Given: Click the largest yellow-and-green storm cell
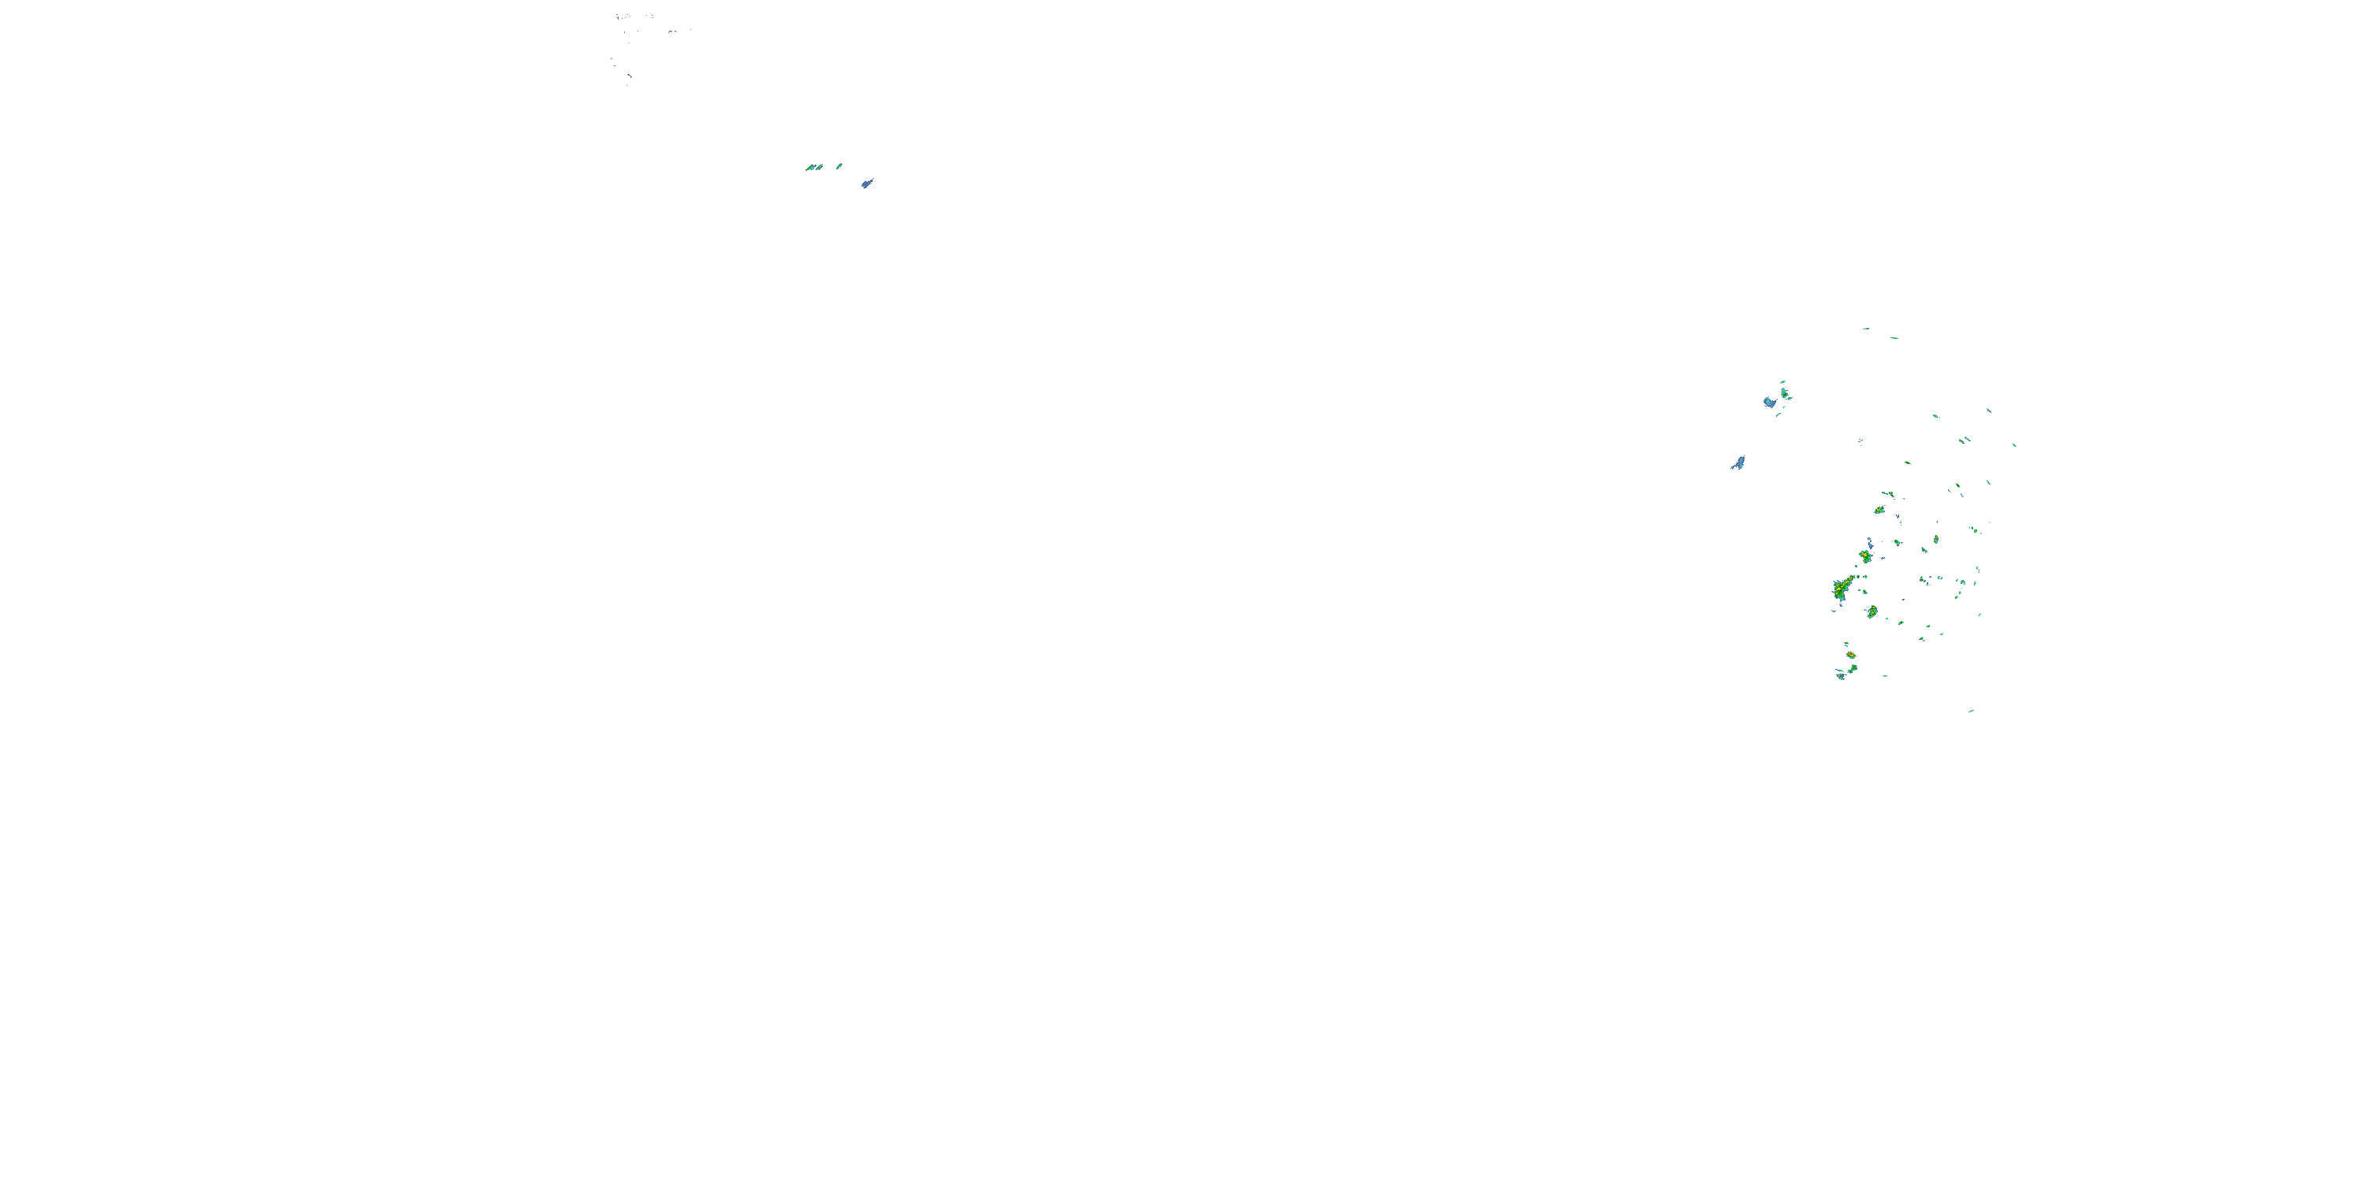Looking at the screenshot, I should (x=1840, y=589).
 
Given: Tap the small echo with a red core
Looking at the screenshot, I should (x=1850, y=656).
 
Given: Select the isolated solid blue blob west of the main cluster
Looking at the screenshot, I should (x=1738, y=463).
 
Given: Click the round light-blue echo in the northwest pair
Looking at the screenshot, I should (x=1769, y=402).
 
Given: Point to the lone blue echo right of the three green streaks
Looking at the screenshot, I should (x=866, y=184).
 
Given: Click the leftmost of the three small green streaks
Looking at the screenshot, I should (x=809, y=168).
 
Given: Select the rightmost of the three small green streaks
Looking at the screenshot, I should (x=838, y=166).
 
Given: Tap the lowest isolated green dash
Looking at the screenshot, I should (x=1970, y=710).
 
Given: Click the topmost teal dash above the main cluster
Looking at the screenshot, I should (x=1866, y=329).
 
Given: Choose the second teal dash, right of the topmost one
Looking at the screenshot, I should (x=1894, y=338).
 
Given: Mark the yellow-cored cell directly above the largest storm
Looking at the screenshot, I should (x=1864, y=556).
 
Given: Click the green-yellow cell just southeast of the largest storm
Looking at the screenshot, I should (x=1872, y=611).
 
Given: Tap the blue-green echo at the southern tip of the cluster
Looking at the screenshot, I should (x=1840, y=676).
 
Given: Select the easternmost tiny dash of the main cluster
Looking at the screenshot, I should (x=2014, y=445).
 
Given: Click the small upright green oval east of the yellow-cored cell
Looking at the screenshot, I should (x=1935, y=540).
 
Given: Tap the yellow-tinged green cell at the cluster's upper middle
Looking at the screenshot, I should (x=1879, y=509).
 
